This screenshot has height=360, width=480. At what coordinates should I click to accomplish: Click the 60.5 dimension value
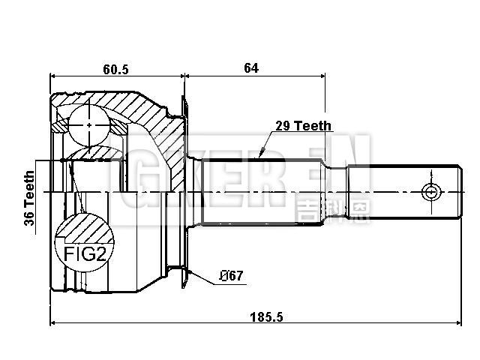pos(116,69)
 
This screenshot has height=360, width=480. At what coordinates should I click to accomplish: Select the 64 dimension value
pos(250,68)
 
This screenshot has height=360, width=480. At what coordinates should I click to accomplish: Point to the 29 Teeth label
pos(303,127)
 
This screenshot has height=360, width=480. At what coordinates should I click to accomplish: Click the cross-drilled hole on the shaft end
pos(431,192)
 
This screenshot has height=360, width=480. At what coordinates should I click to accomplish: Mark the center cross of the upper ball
pos(89,124)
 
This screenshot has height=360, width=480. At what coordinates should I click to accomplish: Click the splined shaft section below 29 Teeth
pos(262,191)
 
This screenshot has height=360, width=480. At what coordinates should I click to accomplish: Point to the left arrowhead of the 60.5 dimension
pos(53,76)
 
